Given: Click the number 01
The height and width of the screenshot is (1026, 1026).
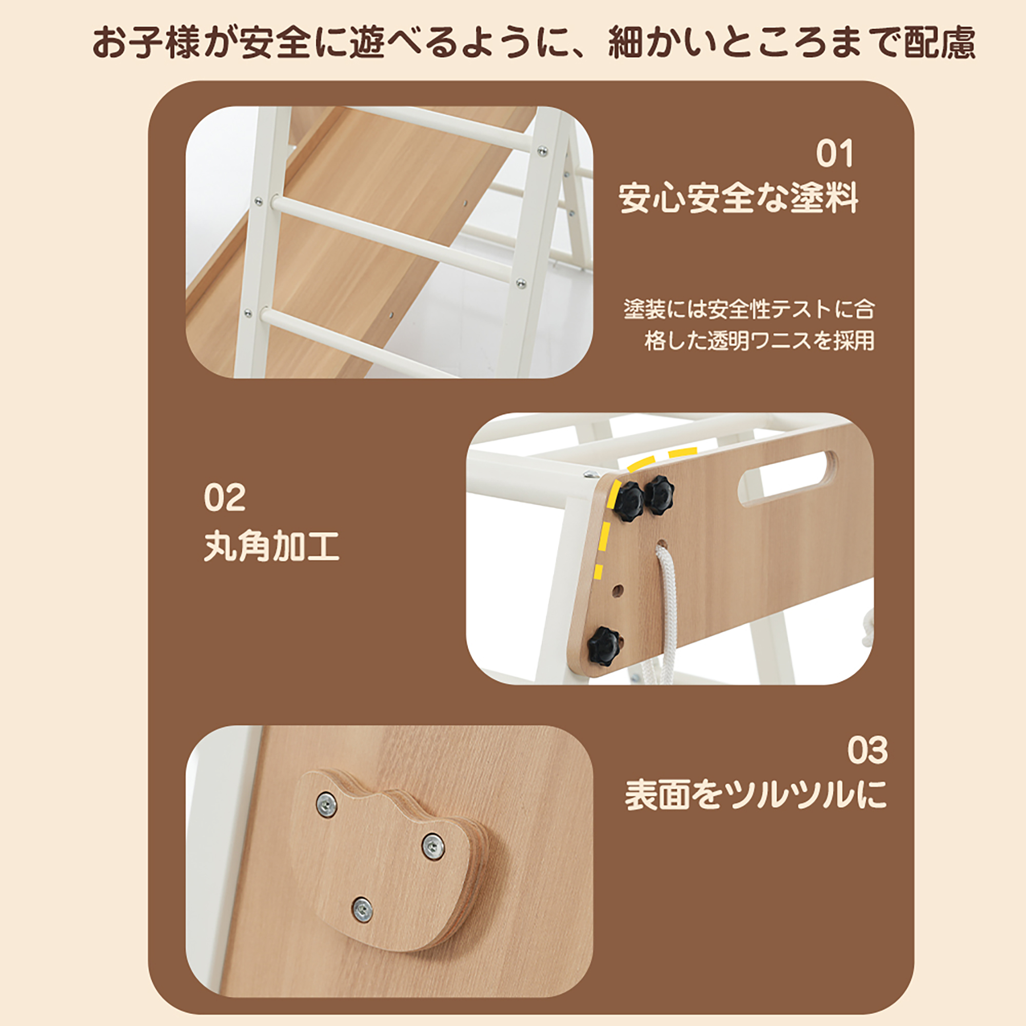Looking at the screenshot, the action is (x=834, y=154).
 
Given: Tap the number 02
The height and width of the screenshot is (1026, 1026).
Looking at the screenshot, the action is (x=225, y=498).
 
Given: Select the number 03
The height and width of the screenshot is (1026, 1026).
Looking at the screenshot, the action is (x=867, y=751).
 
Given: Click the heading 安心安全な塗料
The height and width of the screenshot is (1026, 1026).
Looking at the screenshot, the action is (x=738, y=199).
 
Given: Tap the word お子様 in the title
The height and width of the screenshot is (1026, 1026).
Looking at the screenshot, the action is (x=146, y=43).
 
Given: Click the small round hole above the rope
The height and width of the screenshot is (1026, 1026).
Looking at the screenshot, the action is (x=662, y=545).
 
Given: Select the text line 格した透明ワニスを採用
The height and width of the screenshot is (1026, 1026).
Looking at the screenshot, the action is (x=759, y=341).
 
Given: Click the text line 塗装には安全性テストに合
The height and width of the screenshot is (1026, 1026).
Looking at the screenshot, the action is (x=749, y=309).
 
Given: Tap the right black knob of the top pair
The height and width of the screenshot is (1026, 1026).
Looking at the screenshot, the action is (x=659, y=495).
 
